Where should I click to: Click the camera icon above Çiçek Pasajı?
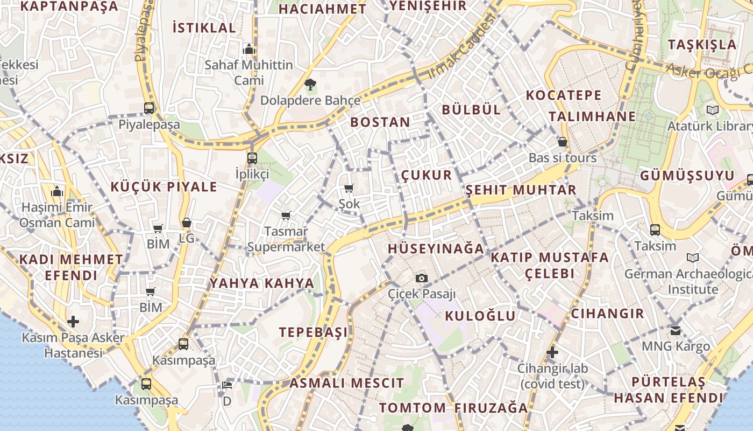[x=422, y=278]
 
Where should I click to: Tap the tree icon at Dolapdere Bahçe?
[x=310, y=84]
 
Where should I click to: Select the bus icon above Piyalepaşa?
[x=149, y=108]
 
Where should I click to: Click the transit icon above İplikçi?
[x=252, y=158]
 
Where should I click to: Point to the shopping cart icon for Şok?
[x=349, y=188]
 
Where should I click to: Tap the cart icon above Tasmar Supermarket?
[x=286, y=215]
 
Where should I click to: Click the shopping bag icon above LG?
[x=186, y=222]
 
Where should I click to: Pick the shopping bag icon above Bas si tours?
[x=562, y=142]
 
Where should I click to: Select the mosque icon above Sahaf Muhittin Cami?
[x=248, y=49]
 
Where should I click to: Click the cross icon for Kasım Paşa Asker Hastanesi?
[x=73, y=322]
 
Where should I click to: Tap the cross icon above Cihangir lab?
[x=552, y=353]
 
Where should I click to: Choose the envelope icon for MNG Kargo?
[x=676, y=330]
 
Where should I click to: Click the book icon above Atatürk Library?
[x=713, y=110]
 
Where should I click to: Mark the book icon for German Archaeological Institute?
[x=693, y=258]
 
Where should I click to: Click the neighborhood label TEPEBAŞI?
[x=313, y=332]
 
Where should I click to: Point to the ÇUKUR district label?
[x=427, y=176]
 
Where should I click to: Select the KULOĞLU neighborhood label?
[x=480, y=316]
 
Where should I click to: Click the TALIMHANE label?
[x=592, y=116]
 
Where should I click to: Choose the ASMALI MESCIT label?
[x=346, y=384]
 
